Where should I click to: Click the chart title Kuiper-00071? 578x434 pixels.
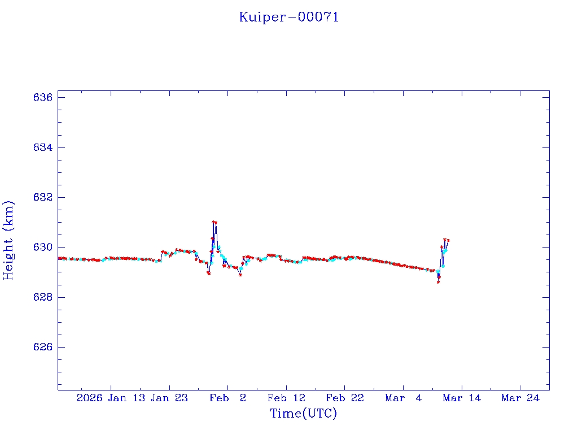click(289, 17)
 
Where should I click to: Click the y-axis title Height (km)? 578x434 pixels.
click(8, 240)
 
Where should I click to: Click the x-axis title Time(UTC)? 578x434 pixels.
click(304, 414)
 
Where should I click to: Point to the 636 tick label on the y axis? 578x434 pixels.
click(43, 98)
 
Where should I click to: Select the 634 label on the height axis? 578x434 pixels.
click(43, 147)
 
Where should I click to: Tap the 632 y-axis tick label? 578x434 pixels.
click(43, 198)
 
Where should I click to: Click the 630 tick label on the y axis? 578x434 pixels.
click(43, 248)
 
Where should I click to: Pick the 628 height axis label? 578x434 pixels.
click(43, 297)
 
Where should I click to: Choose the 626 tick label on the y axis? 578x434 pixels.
click(43, 347)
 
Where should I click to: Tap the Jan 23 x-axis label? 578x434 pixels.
click(169, 398)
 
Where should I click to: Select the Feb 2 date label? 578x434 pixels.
click(227, 398)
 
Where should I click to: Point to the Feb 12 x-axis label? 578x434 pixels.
click(286, 398)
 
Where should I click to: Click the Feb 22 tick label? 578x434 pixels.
click(344, 398)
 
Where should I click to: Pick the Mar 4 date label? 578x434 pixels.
click(403, 398)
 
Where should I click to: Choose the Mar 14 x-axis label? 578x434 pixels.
click(462, 398)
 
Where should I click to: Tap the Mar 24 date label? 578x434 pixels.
click(520, 398)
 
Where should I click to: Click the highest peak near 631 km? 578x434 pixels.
click(214, 223)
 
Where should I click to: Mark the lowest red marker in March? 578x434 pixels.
click(438, 282)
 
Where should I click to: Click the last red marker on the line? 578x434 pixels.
click(448, 240)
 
